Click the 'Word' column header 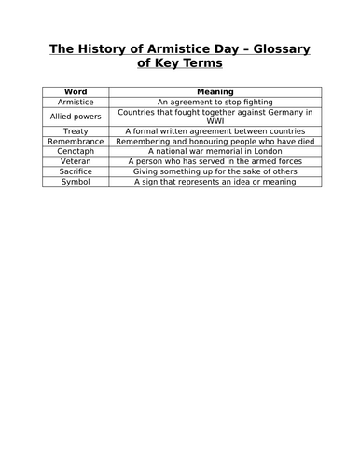(x=75, y=91)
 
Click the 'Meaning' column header (x=215, y=91)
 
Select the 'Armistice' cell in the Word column (x=75, y=102)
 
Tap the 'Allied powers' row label (x=75, y=116)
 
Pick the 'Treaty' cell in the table (x=75, y=131)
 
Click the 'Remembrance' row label (x=75, y=142)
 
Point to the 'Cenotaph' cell (x=75, y=152)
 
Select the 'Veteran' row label (x=75, y=162)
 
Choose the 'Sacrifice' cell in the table (x=75, y=172)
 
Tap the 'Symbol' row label (x=75, y=183)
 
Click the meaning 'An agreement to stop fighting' (x=215, y=102)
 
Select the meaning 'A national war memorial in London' (x=215, y=152)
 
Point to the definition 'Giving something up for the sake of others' (x=215, y=172)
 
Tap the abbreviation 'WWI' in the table (x=215, y=121)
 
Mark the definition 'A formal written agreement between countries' (x=215, y=131)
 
